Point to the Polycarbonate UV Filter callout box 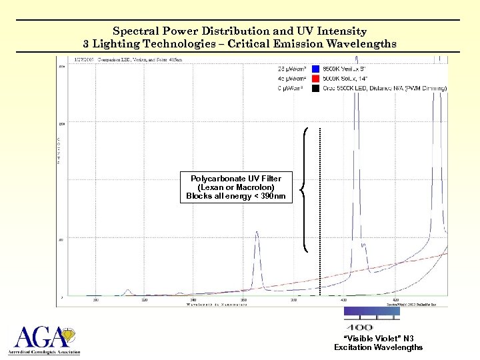(x=235, y=187)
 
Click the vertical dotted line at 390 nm (x=320, y=213)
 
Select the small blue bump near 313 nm (x=127, y=291)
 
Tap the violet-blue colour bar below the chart (x=371, y=311)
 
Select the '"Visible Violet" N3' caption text (x=378, y=339)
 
